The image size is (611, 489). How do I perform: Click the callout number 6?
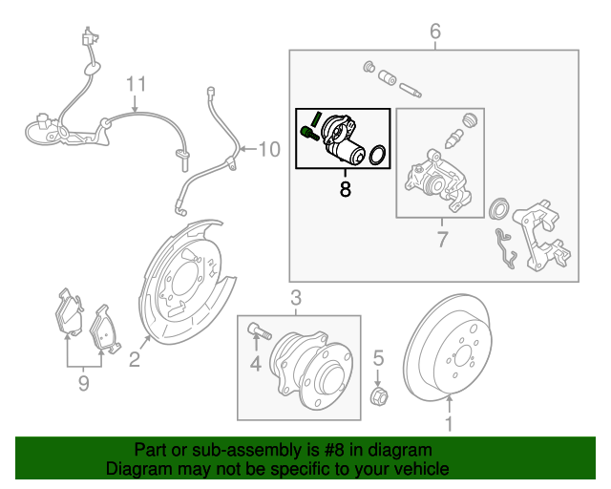tap(435, 32)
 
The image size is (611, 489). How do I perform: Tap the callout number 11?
tap(137, 84)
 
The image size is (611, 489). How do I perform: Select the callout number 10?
tap(269, 149)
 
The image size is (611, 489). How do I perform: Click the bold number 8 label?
tap(345, 189)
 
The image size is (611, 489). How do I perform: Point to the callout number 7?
tap(441, 239)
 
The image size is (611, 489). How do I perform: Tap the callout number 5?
tap(378, 358)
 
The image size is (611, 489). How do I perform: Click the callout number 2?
tap(135, 359)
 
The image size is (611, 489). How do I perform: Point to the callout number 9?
tap(84, 383)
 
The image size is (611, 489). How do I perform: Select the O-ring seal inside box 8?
tap(378, 154)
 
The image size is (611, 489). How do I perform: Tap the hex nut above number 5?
tap(378, 396)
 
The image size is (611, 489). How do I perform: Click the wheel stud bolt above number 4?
tap(260, 332)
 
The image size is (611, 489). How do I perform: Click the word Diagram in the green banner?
tap(139, 470)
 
